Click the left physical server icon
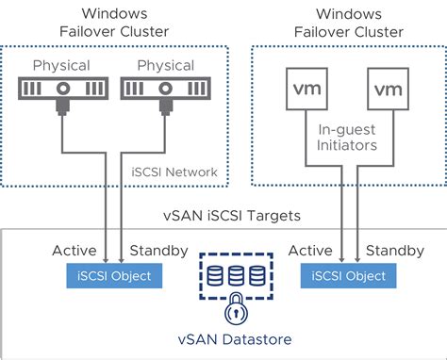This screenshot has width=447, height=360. tap(62, 91)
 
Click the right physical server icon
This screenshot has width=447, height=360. tap(167, 91)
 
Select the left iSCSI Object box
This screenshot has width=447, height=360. tap(114, 276)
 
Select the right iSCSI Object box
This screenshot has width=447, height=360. tap(344, 276)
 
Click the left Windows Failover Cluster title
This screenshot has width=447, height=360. tap(114, 24)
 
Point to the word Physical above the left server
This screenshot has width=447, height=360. tap(62, 66)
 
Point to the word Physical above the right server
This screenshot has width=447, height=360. tap(166, 66)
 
